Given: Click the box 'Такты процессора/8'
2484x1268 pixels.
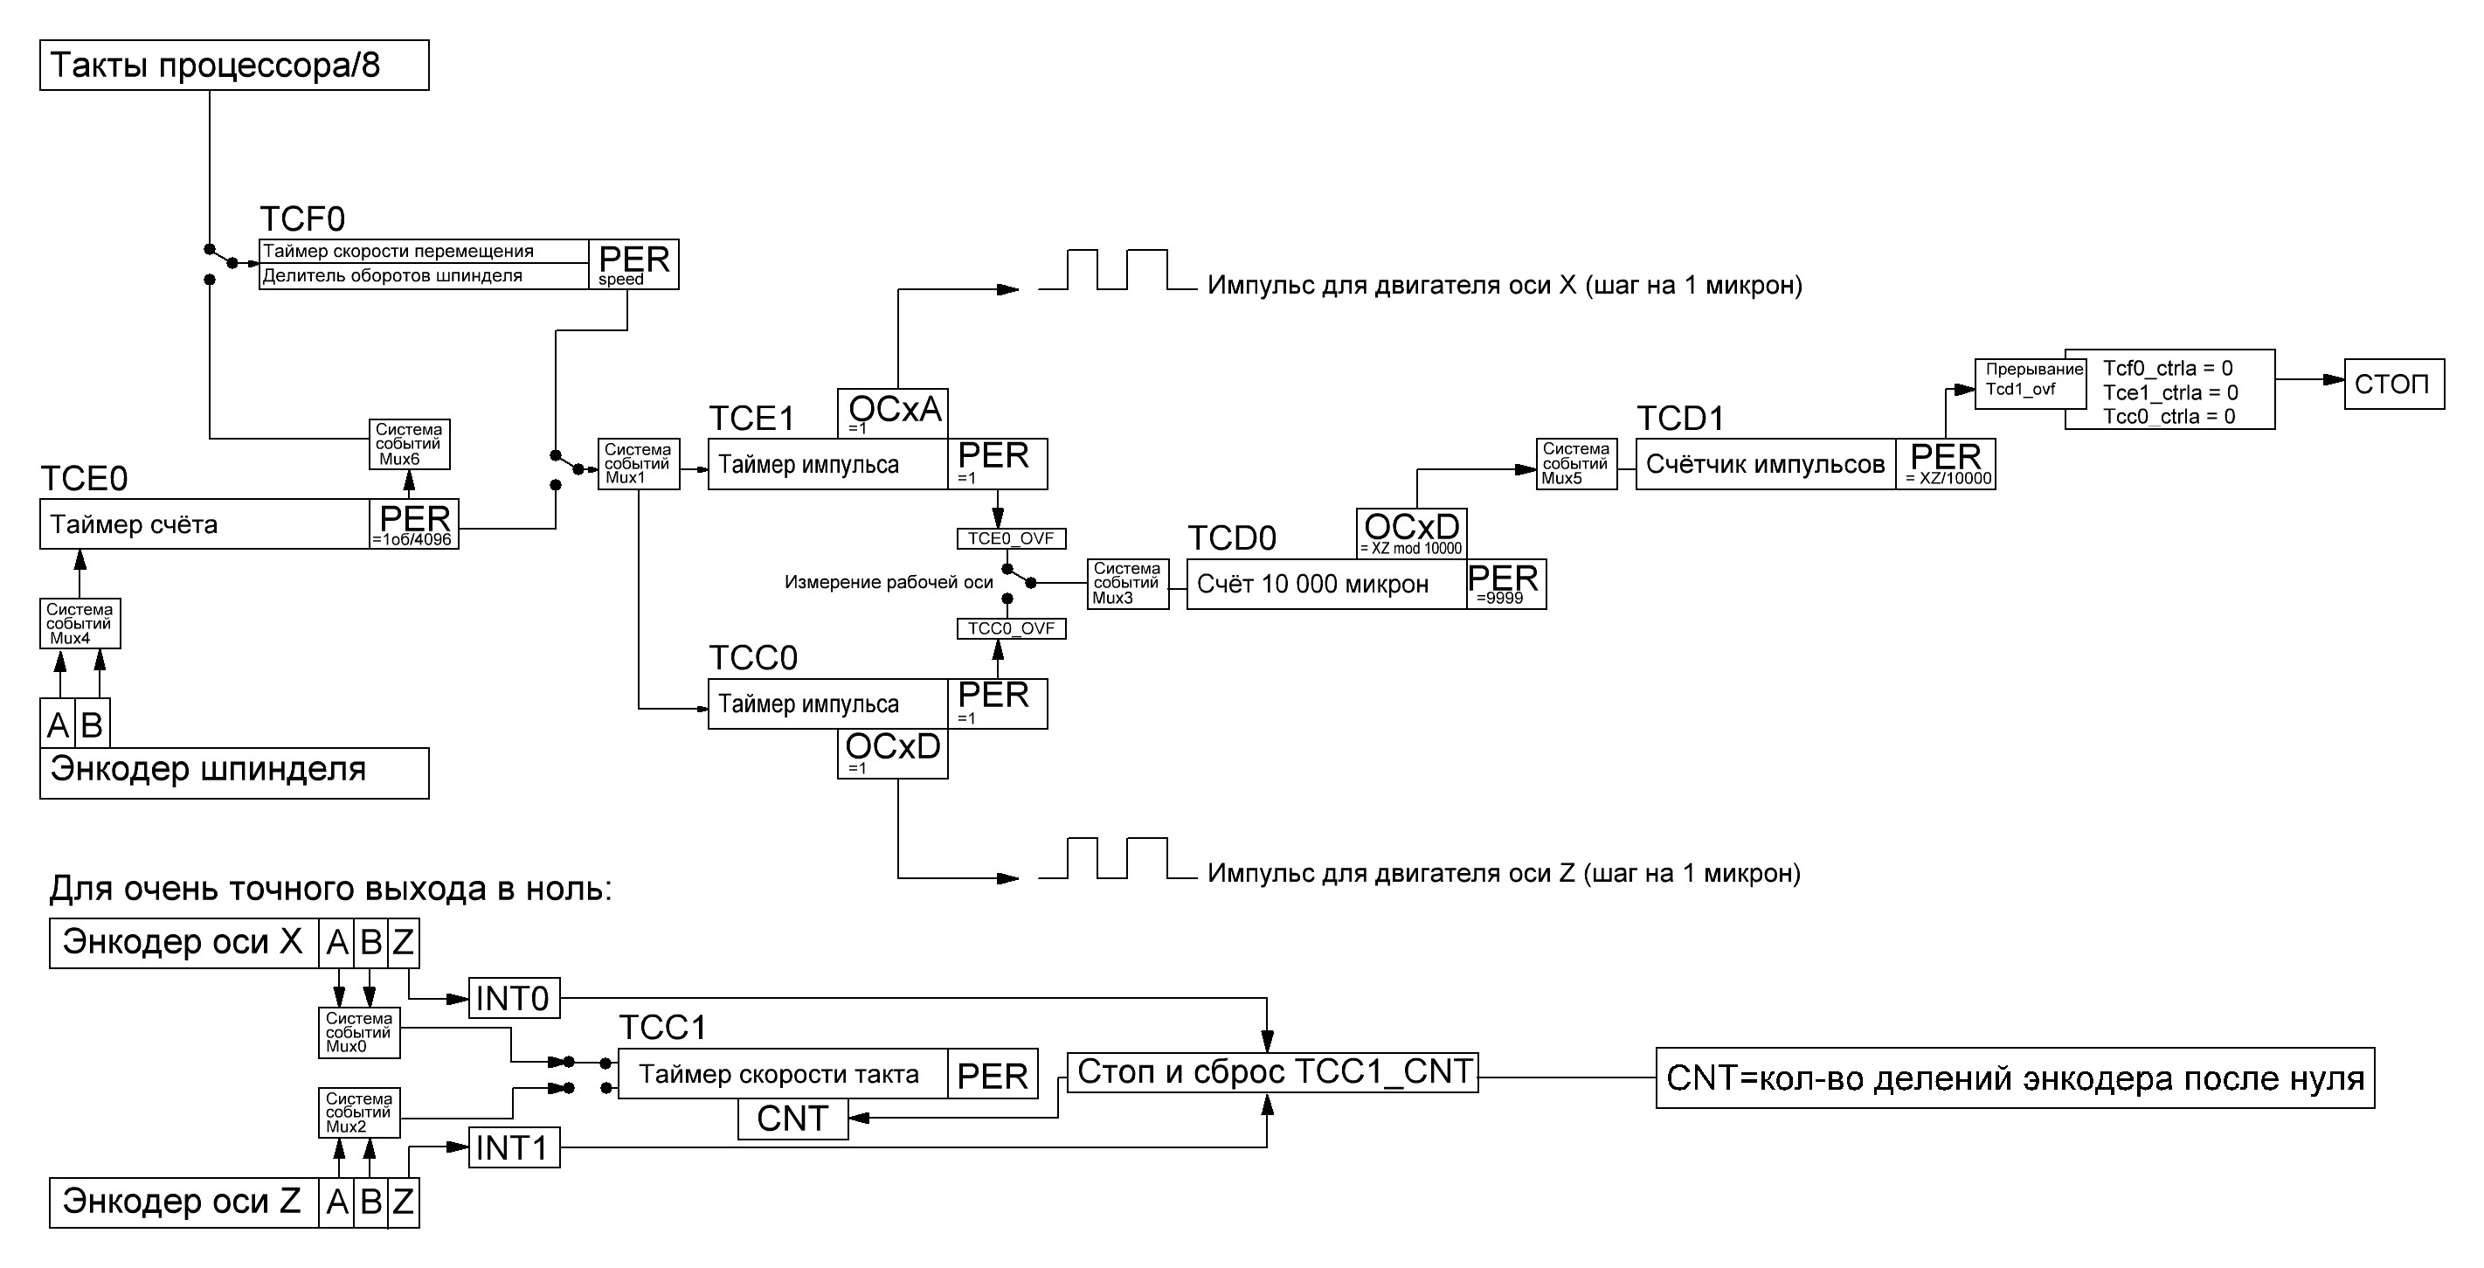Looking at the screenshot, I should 233,66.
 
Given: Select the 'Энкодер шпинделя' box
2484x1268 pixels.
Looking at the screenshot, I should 233,773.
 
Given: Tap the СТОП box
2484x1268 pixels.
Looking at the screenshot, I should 2393,384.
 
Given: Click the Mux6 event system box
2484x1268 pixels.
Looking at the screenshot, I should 409,444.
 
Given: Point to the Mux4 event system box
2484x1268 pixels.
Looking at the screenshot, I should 80,623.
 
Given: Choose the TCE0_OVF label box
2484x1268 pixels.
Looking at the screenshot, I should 1011,538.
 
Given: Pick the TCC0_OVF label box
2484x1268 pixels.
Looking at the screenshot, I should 1011,628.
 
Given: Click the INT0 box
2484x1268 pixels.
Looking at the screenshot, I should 513,999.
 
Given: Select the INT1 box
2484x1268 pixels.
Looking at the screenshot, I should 513,1148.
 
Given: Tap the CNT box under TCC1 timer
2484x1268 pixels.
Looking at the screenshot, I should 792,1119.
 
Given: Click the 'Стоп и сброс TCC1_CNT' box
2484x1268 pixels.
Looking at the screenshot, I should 1273,1072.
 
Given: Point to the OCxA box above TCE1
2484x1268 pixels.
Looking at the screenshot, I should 893,412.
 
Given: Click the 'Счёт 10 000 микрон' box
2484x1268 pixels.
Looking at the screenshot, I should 1326,585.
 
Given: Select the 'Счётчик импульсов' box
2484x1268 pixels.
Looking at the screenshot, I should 1765,465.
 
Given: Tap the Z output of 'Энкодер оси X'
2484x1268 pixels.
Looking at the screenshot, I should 403,942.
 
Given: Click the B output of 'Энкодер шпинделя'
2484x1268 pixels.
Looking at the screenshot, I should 93,724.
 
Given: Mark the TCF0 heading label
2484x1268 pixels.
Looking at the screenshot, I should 301,220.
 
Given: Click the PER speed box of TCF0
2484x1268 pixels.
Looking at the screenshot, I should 633,264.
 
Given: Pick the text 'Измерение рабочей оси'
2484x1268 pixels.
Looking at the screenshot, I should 888,582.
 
